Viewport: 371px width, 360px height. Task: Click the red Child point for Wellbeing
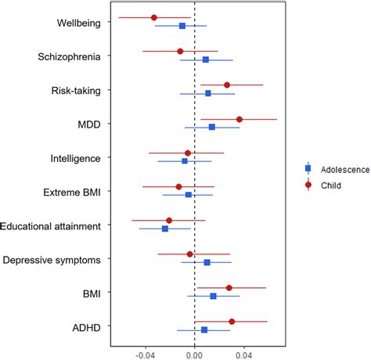[153, 17]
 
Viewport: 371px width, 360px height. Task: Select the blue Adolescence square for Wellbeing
[182, 26]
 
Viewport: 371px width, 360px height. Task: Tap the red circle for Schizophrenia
[180, 51]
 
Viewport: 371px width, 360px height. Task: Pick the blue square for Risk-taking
[208, 93]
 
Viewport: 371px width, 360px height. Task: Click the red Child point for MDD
[240, 119]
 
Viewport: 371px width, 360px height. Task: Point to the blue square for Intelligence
[185, 160]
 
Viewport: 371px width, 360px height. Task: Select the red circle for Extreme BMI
[178, 186]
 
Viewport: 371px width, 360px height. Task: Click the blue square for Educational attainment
[165, 229]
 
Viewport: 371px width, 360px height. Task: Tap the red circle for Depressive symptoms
[189, 254]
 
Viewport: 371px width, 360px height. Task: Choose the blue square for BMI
[213, 296]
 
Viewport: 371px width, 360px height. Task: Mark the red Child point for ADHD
[232, 321]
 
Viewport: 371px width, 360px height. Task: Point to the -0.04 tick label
[146, 354]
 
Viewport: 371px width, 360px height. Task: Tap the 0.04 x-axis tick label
[243, 354]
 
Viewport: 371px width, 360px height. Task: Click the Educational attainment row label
[51, 225]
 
